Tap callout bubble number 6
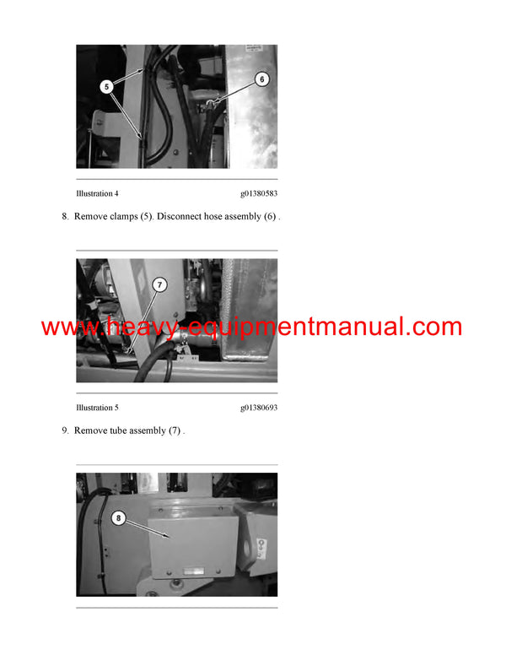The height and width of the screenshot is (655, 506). click(261, 79)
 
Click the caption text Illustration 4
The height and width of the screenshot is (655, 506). click(97, 193)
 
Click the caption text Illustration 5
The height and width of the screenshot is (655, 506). click(97, 408)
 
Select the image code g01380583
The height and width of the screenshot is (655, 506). click(259, 193)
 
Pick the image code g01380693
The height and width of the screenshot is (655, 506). click(259, 408)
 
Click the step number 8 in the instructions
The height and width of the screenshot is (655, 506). click(64, 217)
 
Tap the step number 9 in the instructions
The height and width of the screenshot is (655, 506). click(64, 431)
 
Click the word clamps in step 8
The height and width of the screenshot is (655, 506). click(122, 217)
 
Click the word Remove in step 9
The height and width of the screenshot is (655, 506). click(90, 431)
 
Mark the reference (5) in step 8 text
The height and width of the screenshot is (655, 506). click(149, 217)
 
